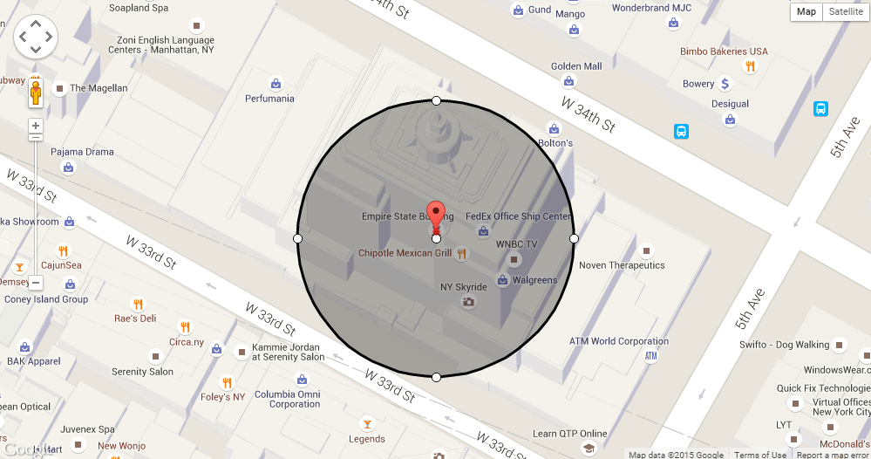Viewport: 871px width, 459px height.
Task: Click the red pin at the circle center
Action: coord(436,218)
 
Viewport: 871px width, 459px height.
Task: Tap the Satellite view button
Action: coord(846,11)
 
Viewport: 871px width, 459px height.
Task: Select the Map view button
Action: coord(806,11)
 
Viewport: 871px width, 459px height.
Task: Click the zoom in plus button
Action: coord(36,125)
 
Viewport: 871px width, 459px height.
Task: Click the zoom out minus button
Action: coord(36,283)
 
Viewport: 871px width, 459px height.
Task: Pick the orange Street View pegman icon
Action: coord(36,92)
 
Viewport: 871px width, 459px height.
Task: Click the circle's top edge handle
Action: coord(436,100)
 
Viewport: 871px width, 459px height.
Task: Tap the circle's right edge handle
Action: coord(574,238)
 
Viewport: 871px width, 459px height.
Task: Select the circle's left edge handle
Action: coord(297,238)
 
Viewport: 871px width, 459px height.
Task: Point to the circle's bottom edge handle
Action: coord(436,377)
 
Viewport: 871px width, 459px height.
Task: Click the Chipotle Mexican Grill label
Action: coord(405,253)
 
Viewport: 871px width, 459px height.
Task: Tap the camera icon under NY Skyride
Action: coord(468,302)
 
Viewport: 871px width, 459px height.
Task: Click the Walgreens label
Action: coord(534,280)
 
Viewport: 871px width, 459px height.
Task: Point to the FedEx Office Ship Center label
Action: coord(518,216)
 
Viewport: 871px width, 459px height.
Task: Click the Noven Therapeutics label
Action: coord(622,265)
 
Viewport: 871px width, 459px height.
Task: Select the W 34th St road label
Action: coord(588,114)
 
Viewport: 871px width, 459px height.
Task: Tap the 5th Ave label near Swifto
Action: coord(749,309)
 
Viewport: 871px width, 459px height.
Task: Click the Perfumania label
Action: coord(269,99)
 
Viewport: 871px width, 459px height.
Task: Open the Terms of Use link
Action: coord(759,455)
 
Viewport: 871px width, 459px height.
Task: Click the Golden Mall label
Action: coord(576,66)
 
